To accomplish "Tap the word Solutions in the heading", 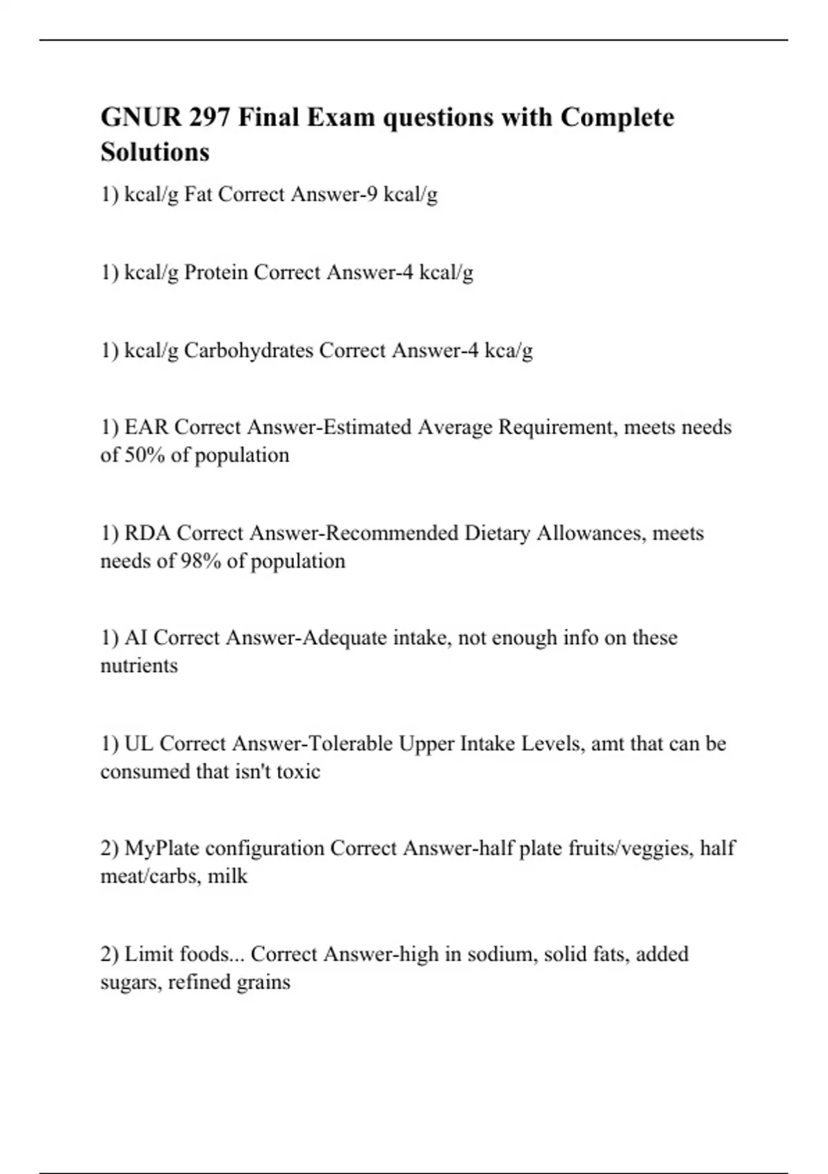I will click(x=155, y=152).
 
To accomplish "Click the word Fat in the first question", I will click(x=198, y=195).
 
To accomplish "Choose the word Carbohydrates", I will click(x=248, y=351).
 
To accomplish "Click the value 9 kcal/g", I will click(x=402, y=195).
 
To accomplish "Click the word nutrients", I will click(x=139, y=666).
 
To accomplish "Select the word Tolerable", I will click(x=350, y=744).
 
